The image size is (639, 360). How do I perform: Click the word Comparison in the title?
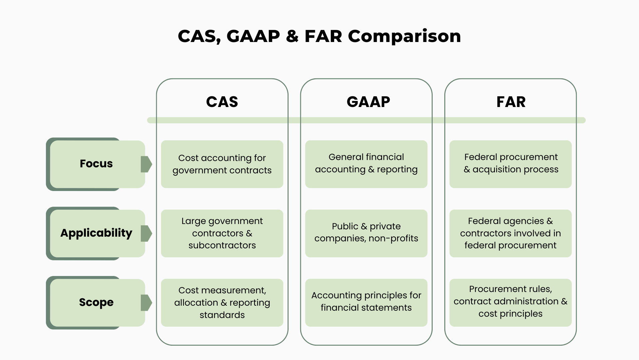tap(404, 36)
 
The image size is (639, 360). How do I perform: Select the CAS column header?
tap(222, 102)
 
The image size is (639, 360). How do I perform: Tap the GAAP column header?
tap(368, 102)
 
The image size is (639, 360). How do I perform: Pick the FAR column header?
tap(511, 102)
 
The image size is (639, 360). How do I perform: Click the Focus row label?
tap(96, 164)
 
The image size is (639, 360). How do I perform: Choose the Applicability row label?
tap(96, 233)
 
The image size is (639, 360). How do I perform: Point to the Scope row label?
tap(96, 302)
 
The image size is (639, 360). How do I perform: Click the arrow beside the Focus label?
tap(146, 164)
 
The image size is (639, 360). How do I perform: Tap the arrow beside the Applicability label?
tap(146, 233)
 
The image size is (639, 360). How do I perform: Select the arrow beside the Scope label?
tap(146, 303)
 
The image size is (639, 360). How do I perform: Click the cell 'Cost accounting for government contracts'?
tap(222, 164)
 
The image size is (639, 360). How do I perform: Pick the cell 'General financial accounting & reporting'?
tap(366, 163)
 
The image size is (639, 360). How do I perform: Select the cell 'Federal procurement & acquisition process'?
tap(511, 163)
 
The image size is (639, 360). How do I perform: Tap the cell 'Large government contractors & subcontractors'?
tap(222, 233)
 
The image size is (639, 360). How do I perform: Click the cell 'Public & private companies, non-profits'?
tap(366, 232)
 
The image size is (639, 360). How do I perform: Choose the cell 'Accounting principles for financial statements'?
tap(366, 302)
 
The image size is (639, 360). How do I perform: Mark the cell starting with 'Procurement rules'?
tap(511, 301)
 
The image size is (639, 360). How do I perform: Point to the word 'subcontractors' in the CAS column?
tap(222, 245)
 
